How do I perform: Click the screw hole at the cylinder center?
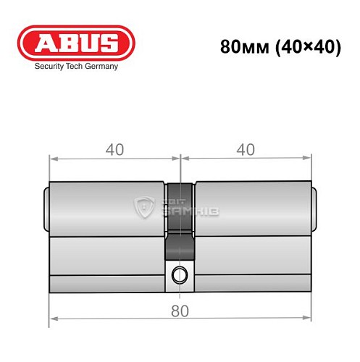click(179, 274)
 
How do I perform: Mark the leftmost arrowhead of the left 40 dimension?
click(52, 157)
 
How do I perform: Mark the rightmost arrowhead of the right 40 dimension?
click(308, 157)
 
